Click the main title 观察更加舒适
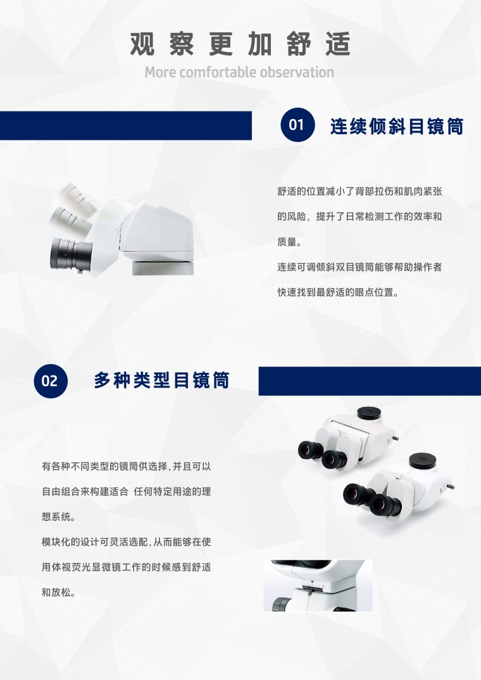(x=240, y=44)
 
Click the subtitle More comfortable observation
(x=240, y=72)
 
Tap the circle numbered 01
(x=297, y=125)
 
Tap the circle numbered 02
(x=51, y=381)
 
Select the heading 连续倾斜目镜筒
(x=396, y=126)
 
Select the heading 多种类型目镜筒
(x=161, y=381)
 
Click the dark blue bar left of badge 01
(x=126, y=125)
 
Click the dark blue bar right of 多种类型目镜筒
(x=370, y=381)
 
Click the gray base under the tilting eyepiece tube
(x=163, y=267)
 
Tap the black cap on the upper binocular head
(x=368, y=413)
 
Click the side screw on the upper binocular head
(x=394, y=438)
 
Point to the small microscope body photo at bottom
(x=318, y=585)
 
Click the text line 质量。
(x=289, y=242)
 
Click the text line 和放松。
(x=59, y=593)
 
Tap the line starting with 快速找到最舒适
(x=338, y=293)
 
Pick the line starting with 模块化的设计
(x=126, y=542)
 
